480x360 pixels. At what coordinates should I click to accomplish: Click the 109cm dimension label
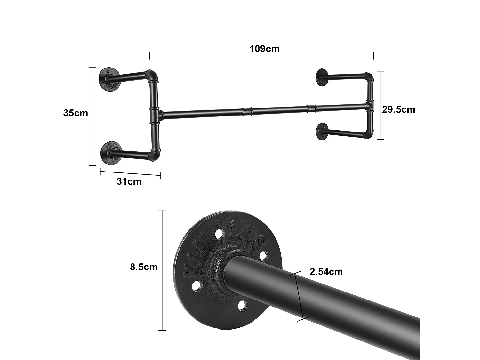pyautogui.click(x=264, y=49)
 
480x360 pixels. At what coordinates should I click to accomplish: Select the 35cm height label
pyautogui.click(x=76, y=113)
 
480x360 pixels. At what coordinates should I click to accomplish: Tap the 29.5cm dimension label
pyautogui.click(x=398, y=109)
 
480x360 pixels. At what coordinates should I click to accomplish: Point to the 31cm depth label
pyautogui.click(x=129, y=181)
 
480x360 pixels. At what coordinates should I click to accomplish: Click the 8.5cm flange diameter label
pyautogui.click(x=144, y=267)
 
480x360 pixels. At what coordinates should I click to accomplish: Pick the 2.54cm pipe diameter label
pyautogui.click(x=326, y=272)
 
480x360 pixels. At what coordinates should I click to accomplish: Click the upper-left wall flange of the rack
pyautogui.click(x=109, y=79)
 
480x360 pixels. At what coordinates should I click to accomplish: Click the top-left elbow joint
pyautogui.click(x=152, y=76)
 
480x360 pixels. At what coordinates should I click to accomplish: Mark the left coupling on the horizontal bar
pyautogui.click(x=247, y=111)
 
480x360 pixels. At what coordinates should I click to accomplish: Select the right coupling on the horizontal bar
pyautogui.click(x=311, y=108)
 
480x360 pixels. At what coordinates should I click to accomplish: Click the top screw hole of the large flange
pyautogui.click(x=219, y=234)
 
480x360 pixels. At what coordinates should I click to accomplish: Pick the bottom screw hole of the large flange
pyautogui.click(x=243, y=306)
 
